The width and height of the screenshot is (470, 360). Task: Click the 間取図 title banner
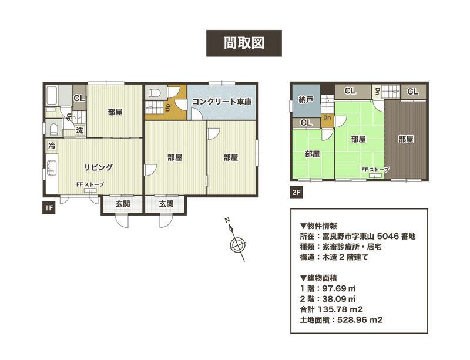click(244, 43)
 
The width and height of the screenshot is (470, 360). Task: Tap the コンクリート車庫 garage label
click(221, 102)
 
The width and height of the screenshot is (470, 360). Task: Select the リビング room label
click(98, 167)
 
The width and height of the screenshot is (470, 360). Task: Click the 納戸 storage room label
click(305, 100)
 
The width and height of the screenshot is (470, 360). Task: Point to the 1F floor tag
click(49, 208)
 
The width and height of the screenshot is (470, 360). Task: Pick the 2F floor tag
click(296, 193)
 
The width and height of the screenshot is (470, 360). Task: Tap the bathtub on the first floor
click(52, 96)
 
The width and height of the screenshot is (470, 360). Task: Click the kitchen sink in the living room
click(51, 169)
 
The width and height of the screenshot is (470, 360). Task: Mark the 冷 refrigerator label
click(52, 146)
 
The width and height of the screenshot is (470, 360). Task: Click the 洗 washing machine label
click(79, 130)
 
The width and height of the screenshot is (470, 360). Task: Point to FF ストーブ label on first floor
click(90, 184)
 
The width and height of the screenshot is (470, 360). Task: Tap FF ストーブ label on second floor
click(375, 170)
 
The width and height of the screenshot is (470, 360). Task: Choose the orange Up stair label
click(168, 107)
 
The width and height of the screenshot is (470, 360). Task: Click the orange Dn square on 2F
click(327, 118)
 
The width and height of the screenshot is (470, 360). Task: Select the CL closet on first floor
click(79, 98)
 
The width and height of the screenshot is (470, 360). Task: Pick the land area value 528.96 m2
click(360, 320)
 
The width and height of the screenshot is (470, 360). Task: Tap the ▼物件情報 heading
click(318, 226)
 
